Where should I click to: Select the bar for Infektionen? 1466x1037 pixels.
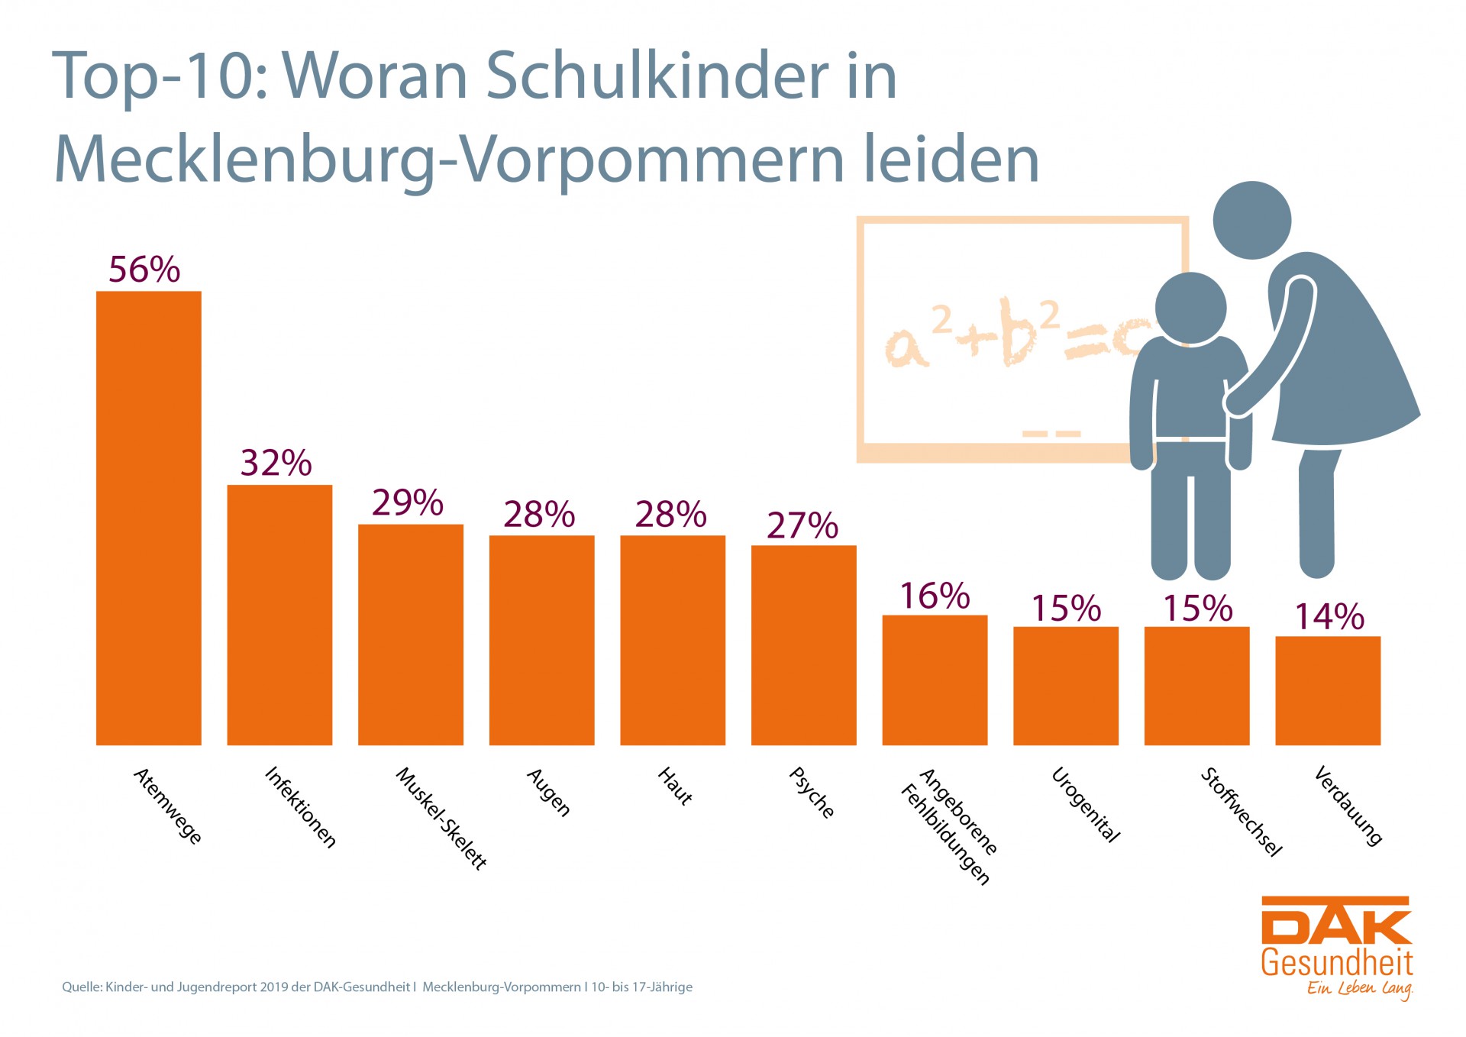(279, 615)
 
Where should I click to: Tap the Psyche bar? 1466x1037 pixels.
(803, 645)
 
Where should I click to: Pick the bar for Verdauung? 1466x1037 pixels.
(1328, 690)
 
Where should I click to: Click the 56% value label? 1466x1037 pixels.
(144, 270)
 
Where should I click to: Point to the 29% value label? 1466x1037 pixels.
(408, 502)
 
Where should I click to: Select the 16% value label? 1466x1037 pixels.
(935, 596)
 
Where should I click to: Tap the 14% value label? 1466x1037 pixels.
(1329, 616)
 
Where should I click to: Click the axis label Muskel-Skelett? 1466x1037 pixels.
(441, 818)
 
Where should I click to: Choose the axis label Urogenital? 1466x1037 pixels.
(1086, 804)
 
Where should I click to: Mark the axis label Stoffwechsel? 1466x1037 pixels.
(1242, 812)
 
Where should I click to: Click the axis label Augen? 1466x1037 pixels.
(549, 792)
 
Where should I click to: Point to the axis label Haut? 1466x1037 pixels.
(676, 786)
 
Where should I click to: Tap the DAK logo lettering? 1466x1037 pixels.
(1335, 921)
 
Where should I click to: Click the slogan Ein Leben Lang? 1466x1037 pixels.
(1359, 988)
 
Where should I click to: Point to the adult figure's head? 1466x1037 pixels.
(1251, 220)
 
